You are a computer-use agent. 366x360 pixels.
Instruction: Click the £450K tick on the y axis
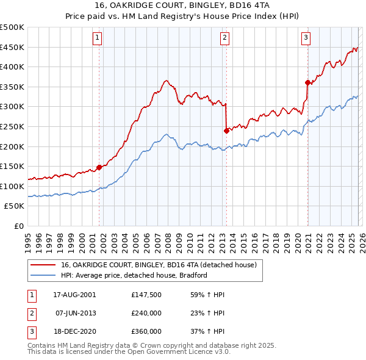tap(12, 48)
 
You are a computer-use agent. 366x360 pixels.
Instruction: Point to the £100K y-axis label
tap(12, 186)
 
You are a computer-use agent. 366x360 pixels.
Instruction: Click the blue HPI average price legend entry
tap(134, 275)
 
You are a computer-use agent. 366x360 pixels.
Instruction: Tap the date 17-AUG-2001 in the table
tap(74, 295)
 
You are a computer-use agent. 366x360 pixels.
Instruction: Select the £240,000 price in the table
tap(146, 313)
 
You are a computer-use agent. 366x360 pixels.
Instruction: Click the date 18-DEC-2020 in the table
tap(74, 331)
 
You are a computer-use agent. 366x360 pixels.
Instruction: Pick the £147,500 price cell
tap(146, 295)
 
